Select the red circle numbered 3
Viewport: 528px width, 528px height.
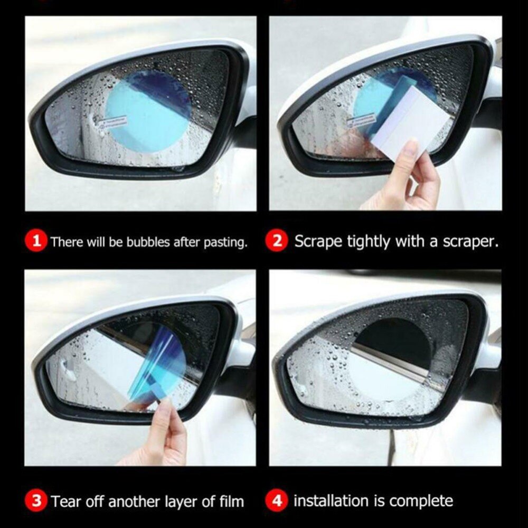36,500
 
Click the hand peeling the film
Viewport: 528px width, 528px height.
158,433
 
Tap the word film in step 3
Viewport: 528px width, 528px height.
231,501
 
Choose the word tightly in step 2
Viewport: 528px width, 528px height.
369,242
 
